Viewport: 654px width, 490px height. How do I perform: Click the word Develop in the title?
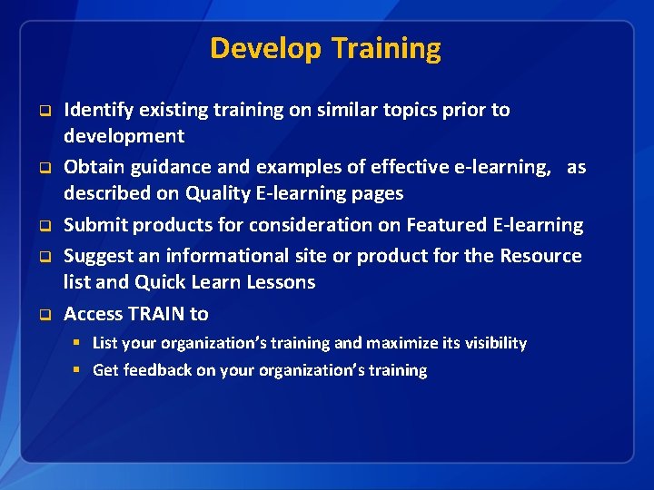click(266, 48)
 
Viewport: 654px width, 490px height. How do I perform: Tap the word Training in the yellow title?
click(386, 48)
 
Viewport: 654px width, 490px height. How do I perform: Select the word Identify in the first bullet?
click(99, 110)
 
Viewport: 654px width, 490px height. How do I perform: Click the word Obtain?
click(94, 167)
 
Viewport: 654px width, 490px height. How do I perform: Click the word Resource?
click(540, 255)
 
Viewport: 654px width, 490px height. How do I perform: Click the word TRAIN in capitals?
click(156, 313)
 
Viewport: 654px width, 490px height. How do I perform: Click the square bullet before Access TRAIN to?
click(42, 314)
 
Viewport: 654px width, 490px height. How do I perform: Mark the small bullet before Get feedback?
click(80, 370)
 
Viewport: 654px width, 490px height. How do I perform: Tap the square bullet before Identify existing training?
click(42, 111)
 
